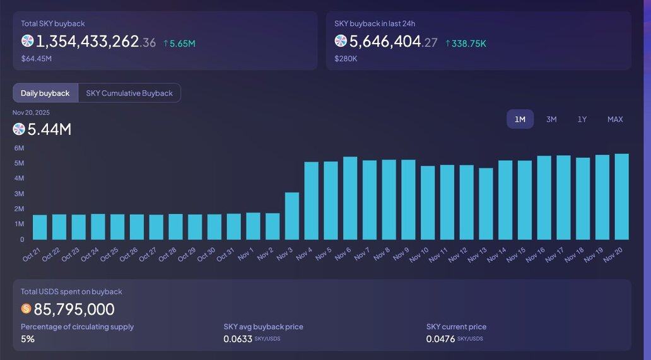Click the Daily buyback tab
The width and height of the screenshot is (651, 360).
click(x=45, y=93)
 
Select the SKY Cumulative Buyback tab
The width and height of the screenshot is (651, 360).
click(x=129, y=93)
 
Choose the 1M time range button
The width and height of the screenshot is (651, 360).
click(x=520, y=119)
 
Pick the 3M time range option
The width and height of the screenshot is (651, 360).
click(x=551, y=119)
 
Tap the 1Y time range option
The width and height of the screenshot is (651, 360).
click(x=582, y=119)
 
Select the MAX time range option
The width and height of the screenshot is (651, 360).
click(x=615, y=119)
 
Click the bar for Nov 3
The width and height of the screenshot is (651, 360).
click(x=292, y=216)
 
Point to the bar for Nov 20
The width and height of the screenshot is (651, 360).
click(x=622, y=197)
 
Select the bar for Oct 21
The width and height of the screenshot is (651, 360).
click(x=40, y=227)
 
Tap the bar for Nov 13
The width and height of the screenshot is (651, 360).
click(x=486, y=204)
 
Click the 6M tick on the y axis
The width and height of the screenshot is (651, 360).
click(x=19, y=148)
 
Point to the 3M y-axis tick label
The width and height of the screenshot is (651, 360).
click(x=19, y=194)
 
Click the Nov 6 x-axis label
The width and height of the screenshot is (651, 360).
click(x=343, y=254)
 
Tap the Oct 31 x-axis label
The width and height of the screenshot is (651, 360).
click(x=226, y=255)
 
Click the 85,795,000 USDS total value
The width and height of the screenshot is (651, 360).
click(x=74, y=309)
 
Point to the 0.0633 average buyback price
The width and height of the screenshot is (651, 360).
click(x=237, y=339)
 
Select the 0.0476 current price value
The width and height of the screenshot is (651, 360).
click(x=440, y=339)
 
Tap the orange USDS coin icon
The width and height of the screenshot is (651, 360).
click(x=26, y=309)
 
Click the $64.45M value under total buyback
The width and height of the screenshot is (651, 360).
click(x=36, y=59)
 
